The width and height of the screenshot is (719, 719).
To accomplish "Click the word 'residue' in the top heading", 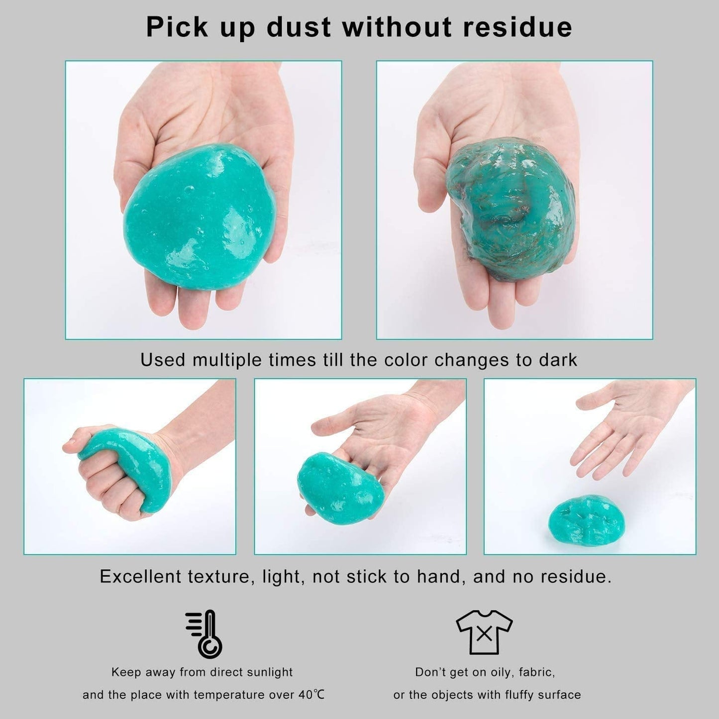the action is (517, 27).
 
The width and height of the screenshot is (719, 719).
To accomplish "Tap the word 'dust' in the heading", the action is (299, 27).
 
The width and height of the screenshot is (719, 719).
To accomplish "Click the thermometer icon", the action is (204, 634).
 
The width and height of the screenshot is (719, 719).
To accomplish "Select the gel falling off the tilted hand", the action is (340, 489).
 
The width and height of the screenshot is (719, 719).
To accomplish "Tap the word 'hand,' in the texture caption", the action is (441, 577).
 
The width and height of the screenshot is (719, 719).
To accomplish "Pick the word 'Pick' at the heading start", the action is (177, 27).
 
